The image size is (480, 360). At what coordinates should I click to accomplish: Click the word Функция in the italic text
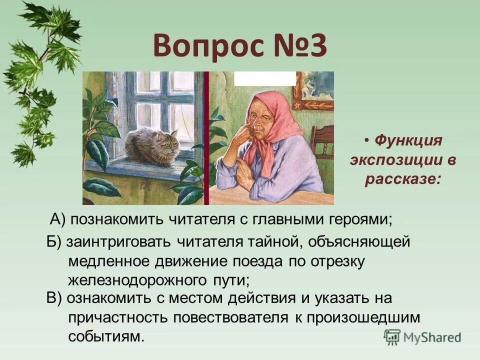[407, 141]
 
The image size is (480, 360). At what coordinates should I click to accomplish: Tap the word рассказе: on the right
[402, 179]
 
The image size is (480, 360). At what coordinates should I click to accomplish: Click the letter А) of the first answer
[59, 219]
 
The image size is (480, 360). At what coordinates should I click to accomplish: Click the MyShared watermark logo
[422, 336]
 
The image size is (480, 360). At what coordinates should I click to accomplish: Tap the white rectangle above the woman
[264, 78]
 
